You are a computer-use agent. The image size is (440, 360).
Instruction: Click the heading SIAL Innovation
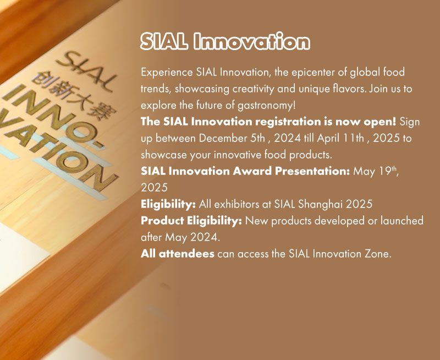pos(225,42)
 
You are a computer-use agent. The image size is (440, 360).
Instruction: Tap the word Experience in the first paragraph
pos(167,73)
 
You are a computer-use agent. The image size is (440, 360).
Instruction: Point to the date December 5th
pos(232,138)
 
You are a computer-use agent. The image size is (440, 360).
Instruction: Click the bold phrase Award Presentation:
pos(291,171)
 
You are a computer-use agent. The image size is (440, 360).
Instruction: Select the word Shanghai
pos(320,204)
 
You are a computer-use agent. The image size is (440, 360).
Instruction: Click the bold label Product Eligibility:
pos(191,221)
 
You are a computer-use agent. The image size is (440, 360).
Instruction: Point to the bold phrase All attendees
pos(177,254)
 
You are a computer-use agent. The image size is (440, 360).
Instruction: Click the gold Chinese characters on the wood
pos(75,96)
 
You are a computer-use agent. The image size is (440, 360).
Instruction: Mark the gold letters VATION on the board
pos(56,151)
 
